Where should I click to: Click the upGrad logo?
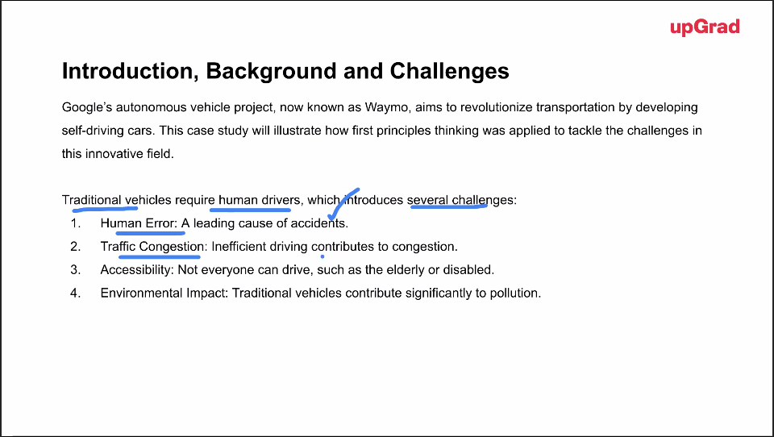click(x=705, y=27)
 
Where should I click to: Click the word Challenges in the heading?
click(x=449, y=71)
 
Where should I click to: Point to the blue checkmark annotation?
click(x=344, y=203)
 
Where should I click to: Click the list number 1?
click(x=76, y=223)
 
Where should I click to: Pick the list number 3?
click(x=76, y=269)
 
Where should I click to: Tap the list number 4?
click(x=76, y=293)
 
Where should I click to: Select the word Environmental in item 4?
click(x=141, y=293)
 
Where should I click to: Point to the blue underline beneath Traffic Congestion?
click(x=160, y=256)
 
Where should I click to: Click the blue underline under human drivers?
click(x=250, y=210)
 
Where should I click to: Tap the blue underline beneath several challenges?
click(x=449, y=207)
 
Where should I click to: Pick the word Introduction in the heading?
click(x=127, y=71)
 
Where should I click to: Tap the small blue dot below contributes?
click(x=322, y=256)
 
